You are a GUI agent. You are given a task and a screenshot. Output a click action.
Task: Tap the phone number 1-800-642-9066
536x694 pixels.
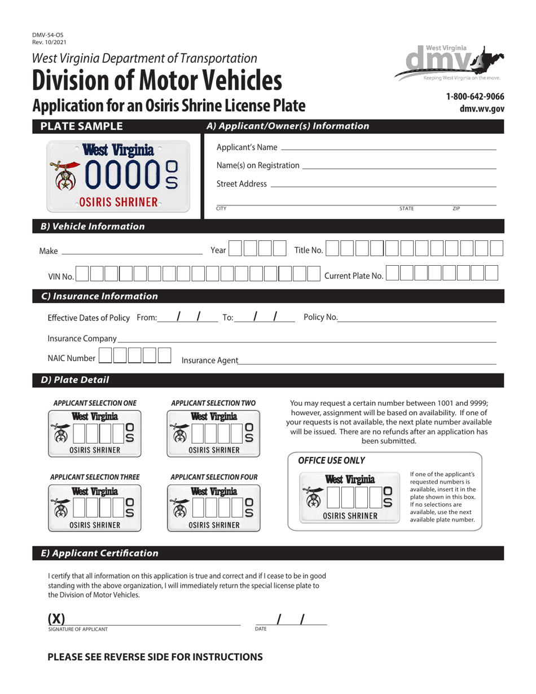pyautogui.click(x=475, y=96)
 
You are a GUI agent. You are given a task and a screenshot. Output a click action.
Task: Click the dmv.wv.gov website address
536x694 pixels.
pyautogui.click(x=482, y=109)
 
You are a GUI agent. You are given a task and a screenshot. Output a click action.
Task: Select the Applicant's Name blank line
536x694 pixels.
pyautogui.click(x=388, y=148)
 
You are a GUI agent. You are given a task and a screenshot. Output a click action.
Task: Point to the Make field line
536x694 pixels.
pyautogui.click(x=131, y=252)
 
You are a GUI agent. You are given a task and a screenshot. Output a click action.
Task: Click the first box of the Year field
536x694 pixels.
pyautogui.click(x=236, y=249)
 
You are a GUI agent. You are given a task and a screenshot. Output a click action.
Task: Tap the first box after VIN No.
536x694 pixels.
pyautogui.click(x=82, y=274)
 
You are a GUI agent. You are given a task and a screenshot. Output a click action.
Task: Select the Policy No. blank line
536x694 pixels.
pyautogui.click(x=417, y=319)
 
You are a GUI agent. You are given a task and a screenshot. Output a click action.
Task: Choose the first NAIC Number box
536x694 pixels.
pyautogui.click(x=106, y=356)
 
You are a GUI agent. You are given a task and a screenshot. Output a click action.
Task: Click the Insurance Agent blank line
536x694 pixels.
pyautogui.click(x=367, y=362)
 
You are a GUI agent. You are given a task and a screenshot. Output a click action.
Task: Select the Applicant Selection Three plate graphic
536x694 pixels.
pyautogui.click(x=94, y=507)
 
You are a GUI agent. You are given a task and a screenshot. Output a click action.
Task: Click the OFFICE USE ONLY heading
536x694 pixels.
pyautogui.click(x=331, y=460)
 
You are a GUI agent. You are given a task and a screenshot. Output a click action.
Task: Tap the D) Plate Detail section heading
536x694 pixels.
pyautogui.click(x=75, y=380)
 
